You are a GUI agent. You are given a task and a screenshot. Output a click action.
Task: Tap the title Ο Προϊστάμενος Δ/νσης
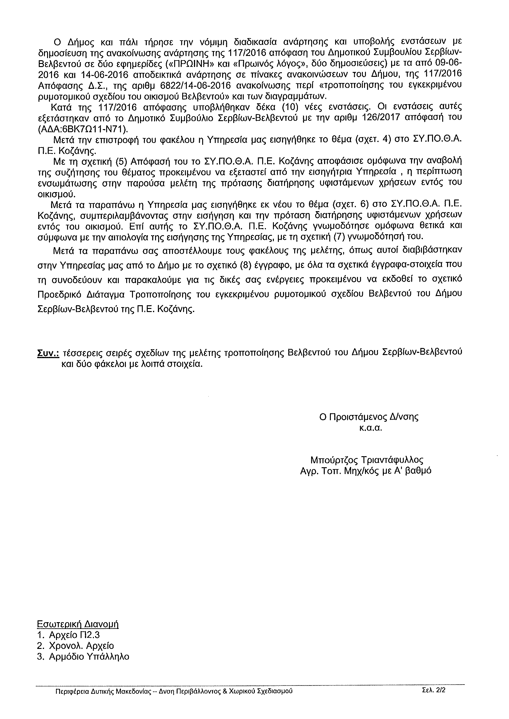pyautogui.click(x=369, y=417)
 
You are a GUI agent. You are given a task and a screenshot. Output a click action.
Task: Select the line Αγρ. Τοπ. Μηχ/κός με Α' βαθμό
pyautogui.click(x=366, y=471)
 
